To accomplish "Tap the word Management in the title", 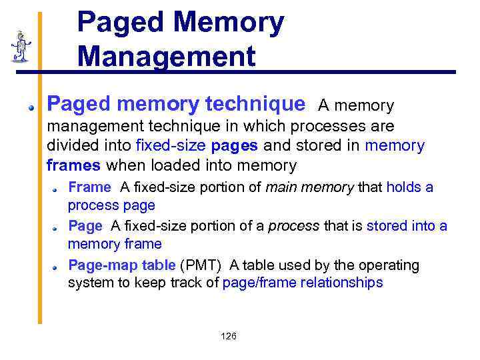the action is pos(166,56).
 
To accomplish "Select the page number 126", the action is pos(228,336).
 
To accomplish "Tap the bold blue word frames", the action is pos(73,165).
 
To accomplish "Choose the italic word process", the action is pos(293,226).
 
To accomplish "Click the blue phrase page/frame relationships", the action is pos(303,283).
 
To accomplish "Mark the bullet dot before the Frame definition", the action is pos(57,189).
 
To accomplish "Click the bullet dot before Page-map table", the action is pos(57,267).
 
